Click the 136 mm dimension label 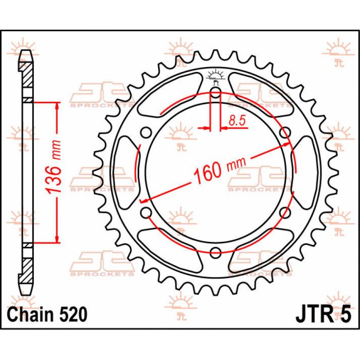pos(53,167)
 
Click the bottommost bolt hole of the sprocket pos(215,252)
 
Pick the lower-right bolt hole pos(284,212)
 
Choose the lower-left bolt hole pos(147,212)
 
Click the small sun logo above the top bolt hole pos(215,76)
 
